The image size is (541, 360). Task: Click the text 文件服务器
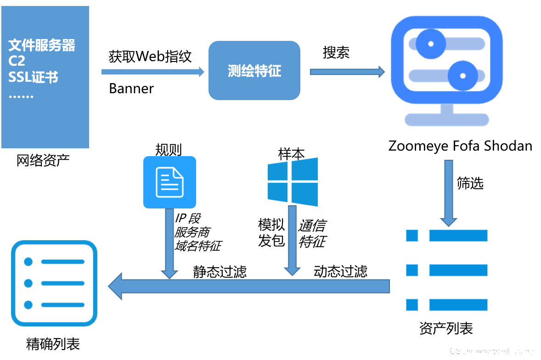42,45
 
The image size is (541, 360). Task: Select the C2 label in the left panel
17,61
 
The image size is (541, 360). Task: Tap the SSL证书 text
33,77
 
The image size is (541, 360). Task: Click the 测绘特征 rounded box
254,70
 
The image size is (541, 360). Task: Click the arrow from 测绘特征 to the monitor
347,72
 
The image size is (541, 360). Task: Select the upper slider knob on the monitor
431,44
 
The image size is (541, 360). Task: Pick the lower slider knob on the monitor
462,76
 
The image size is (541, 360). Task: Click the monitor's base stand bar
446,120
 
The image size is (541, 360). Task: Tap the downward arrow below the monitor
449,193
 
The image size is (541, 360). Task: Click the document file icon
169,182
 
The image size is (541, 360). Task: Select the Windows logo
293,182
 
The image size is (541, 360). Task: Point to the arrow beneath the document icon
169,243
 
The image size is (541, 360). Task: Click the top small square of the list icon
412,236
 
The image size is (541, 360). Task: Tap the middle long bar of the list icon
458,270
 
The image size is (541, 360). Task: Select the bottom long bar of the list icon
458,304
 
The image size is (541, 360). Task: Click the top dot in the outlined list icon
28,262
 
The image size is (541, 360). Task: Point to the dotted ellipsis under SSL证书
21,97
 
